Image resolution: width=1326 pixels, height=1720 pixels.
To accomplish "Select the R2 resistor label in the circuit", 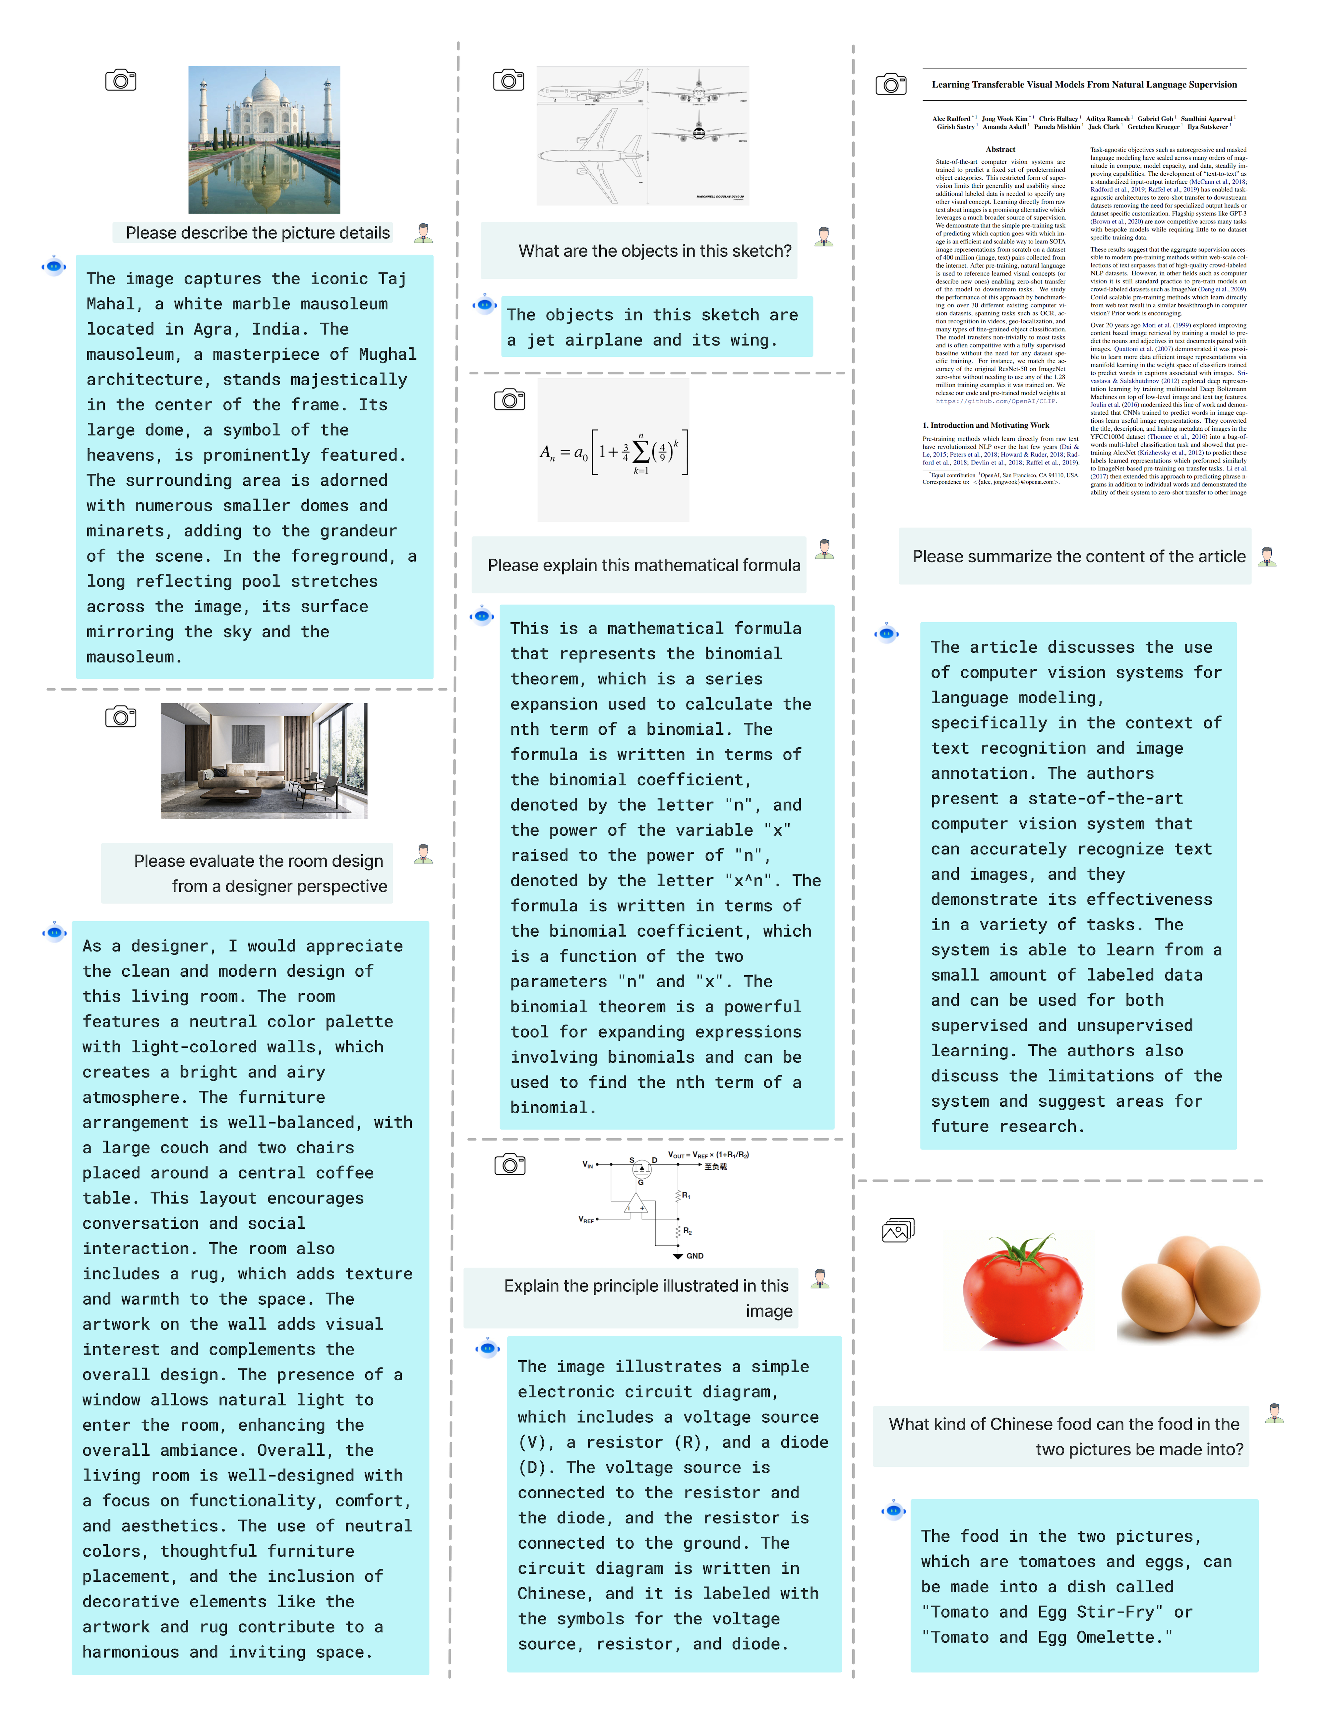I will coord(688,1230).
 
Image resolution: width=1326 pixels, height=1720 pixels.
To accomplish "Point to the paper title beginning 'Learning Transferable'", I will coord(1083,84).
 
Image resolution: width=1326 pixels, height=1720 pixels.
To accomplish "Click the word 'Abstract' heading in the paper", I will coord(1000,149).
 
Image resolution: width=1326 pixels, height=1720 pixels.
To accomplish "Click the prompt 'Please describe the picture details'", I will coord(258,233).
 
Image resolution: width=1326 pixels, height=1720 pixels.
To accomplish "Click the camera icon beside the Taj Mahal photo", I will coord(120,80).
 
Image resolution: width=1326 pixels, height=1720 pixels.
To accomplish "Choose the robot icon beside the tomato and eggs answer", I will coord(893,1510).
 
